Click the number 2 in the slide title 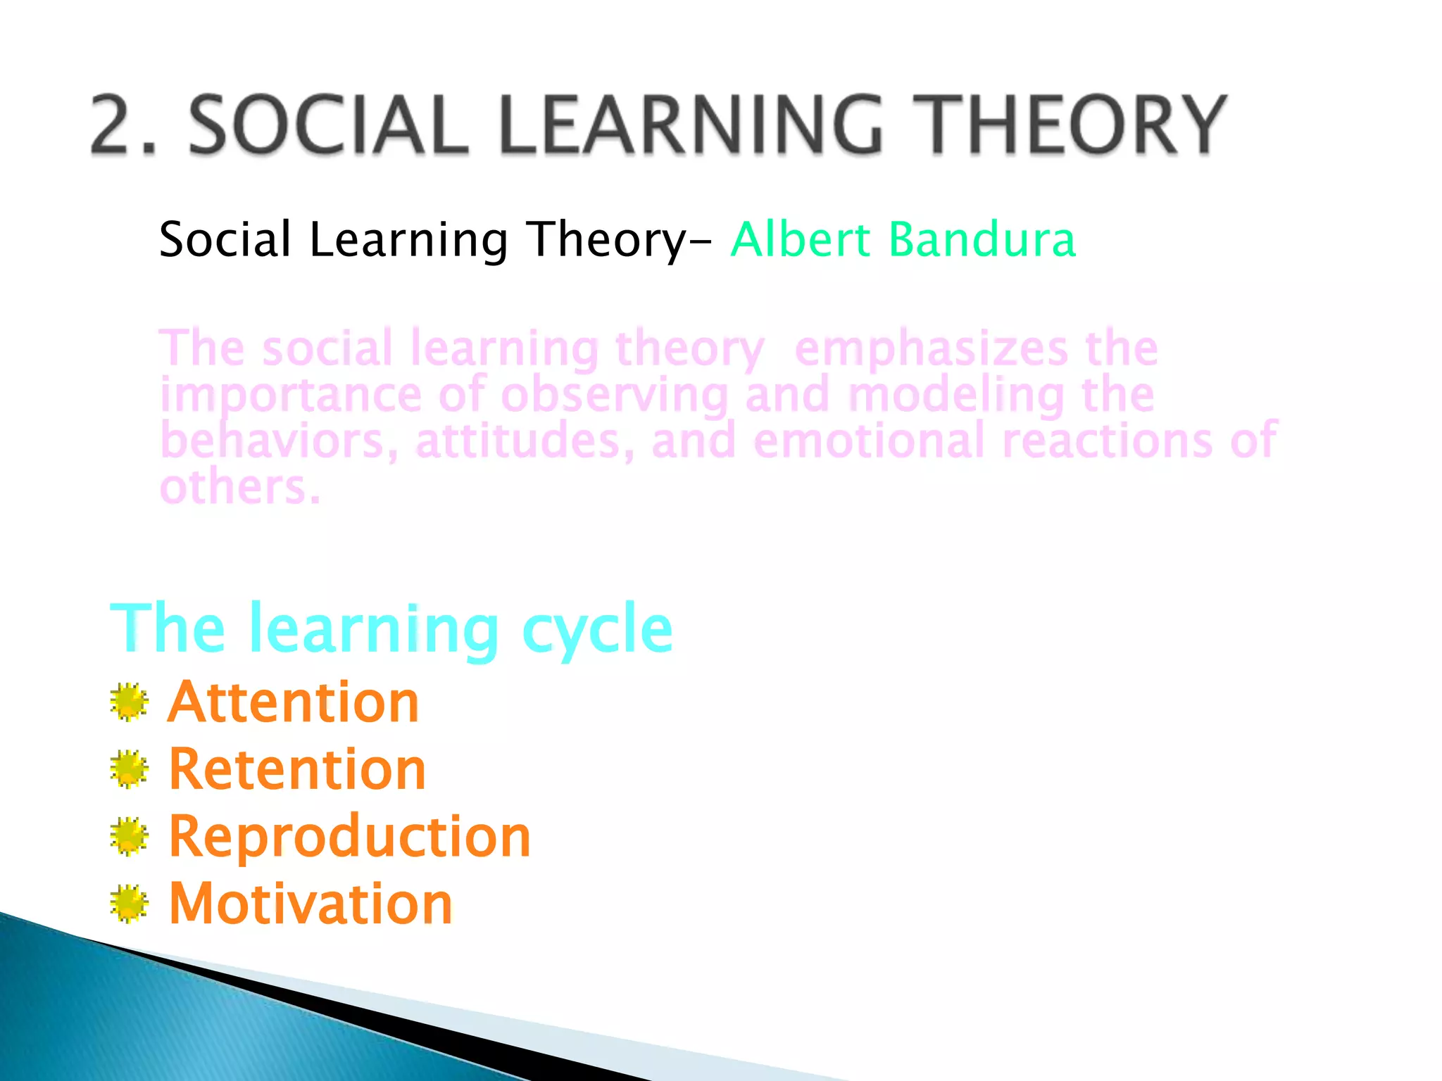click(117, 125)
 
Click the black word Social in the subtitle click(225, 239)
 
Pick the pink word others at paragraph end click(239, 487)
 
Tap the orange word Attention click(294, 702)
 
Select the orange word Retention click(297, 770)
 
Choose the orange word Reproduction click(349, 837)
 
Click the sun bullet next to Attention click(129, 702)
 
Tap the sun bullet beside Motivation click(129, 904)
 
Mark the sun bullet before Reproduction click(129, 837)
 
